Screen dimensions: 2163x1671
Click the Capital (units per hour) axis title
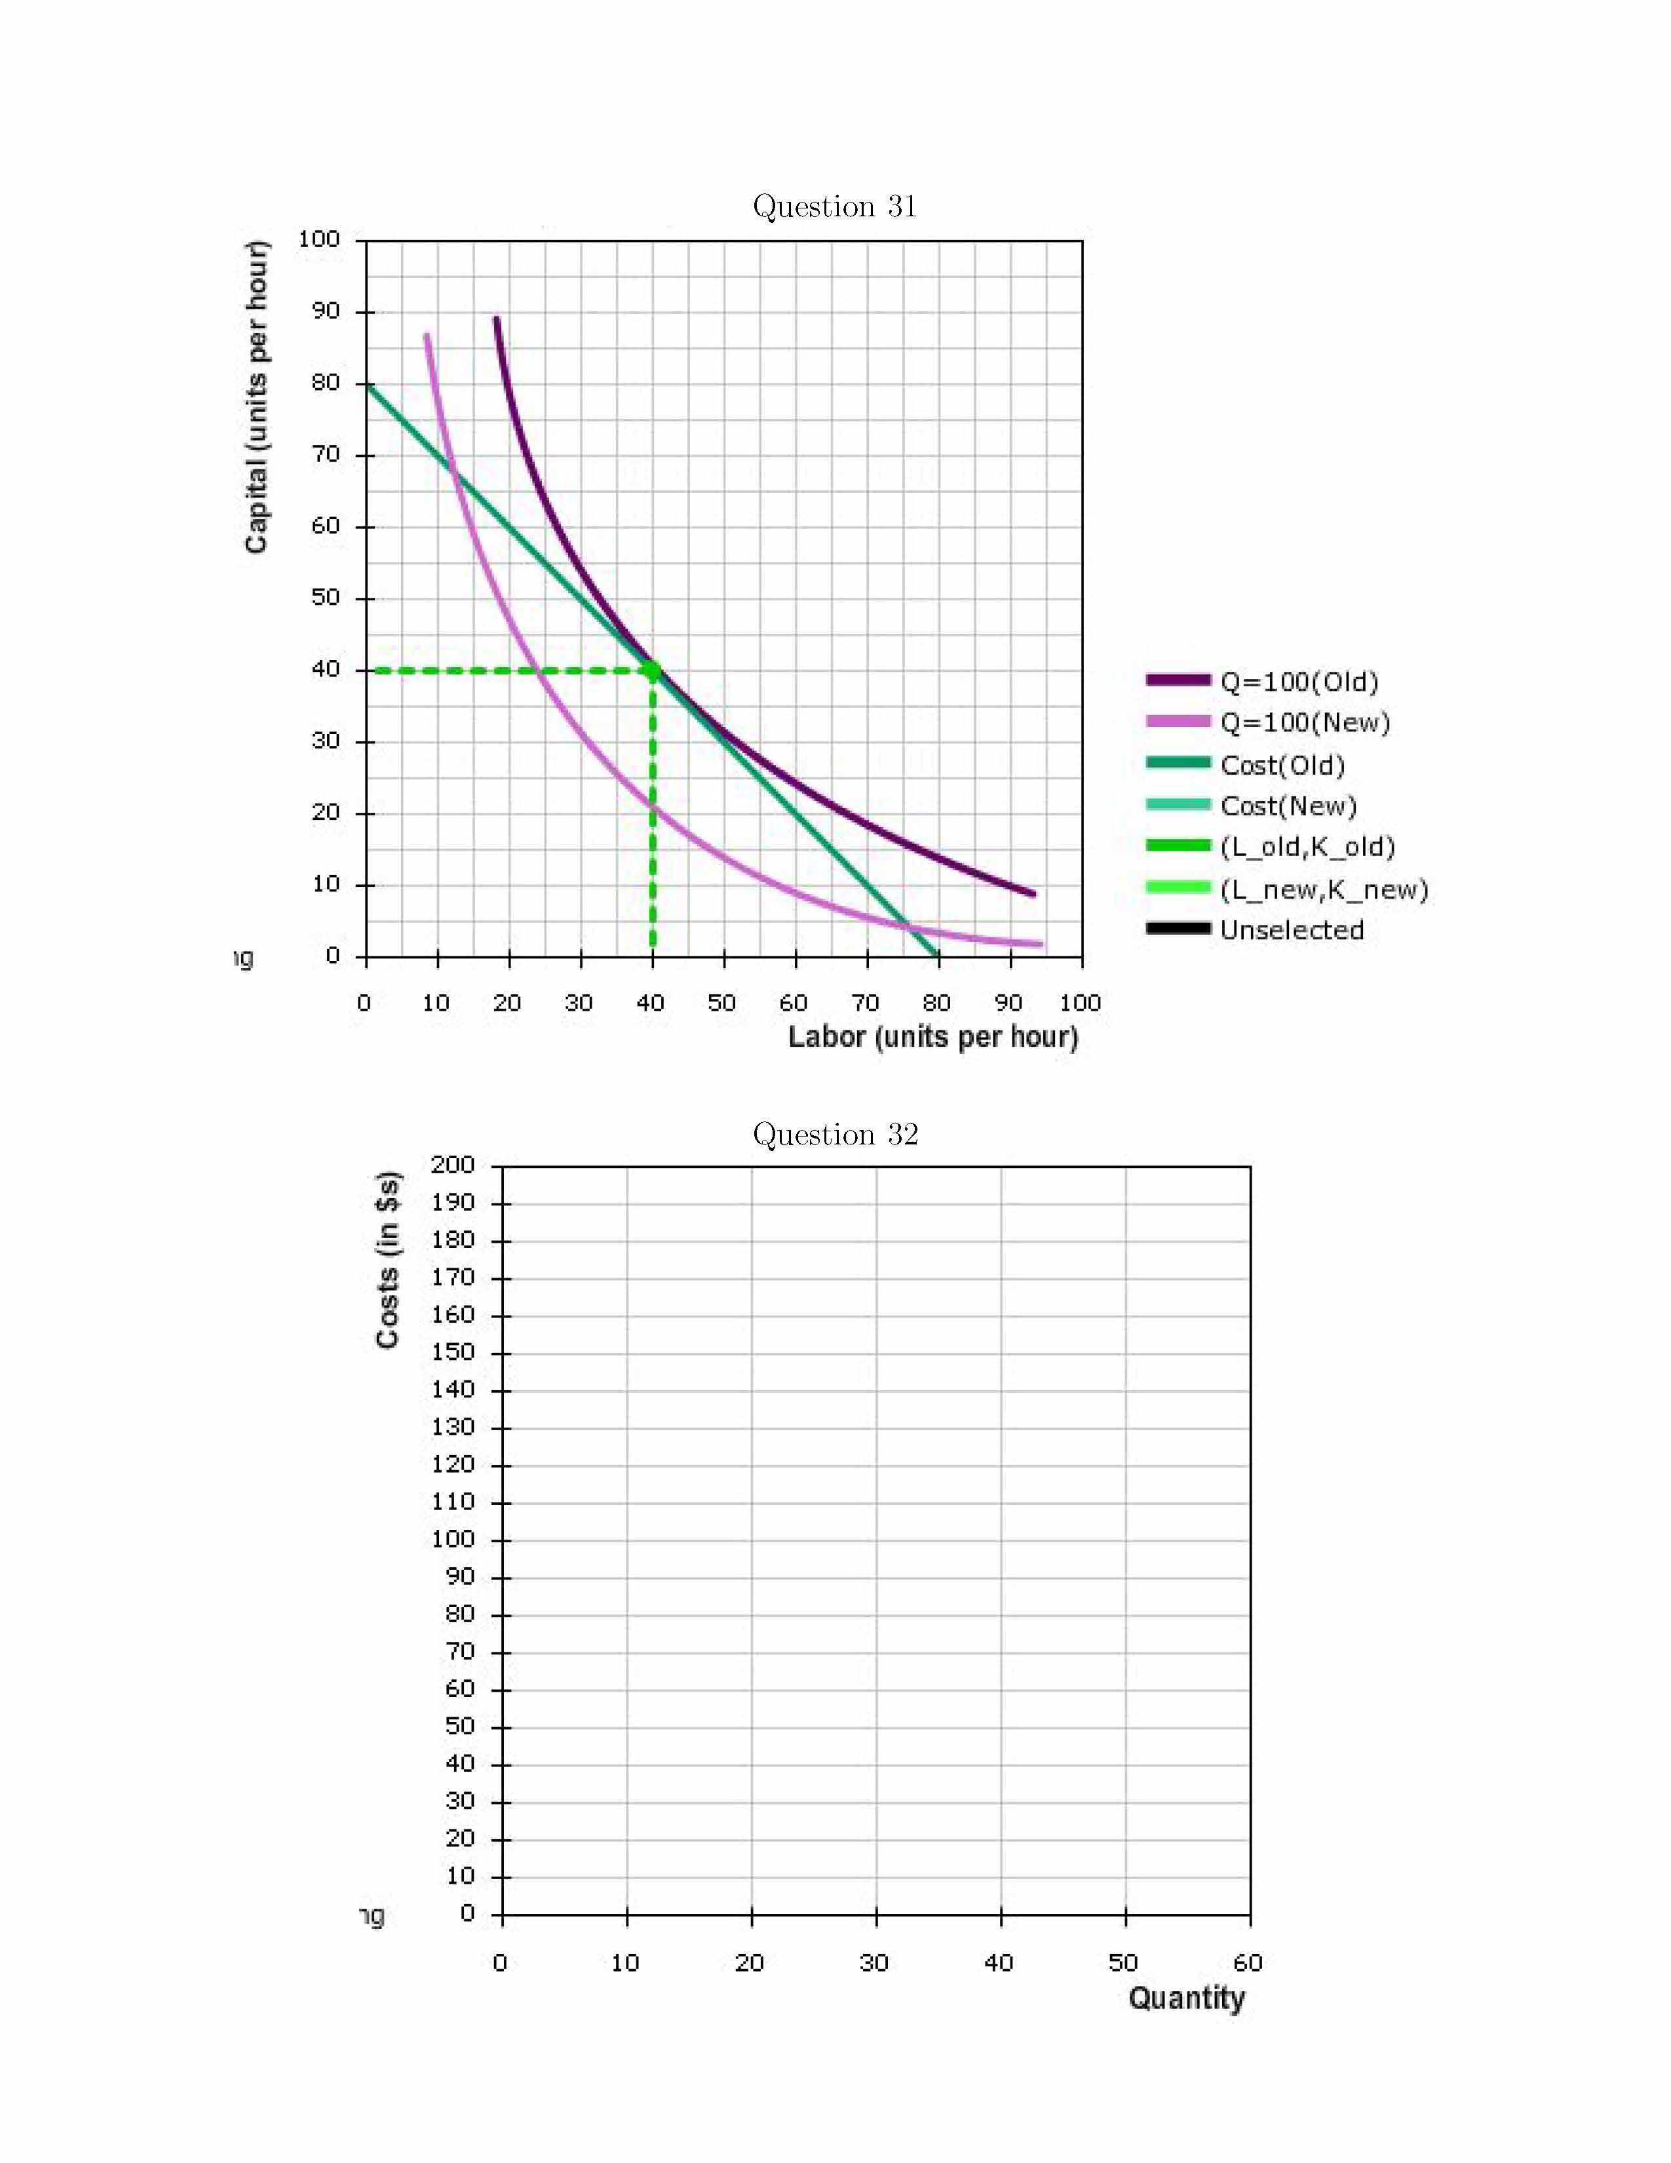point(256,396)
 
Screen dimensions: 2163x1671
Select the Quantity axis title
point(1186,1998)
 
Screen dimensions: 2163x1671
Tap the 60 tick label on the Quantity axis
point(1247,1963)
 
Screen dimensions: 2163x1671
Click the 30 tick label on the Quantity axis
point(874,1963)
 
